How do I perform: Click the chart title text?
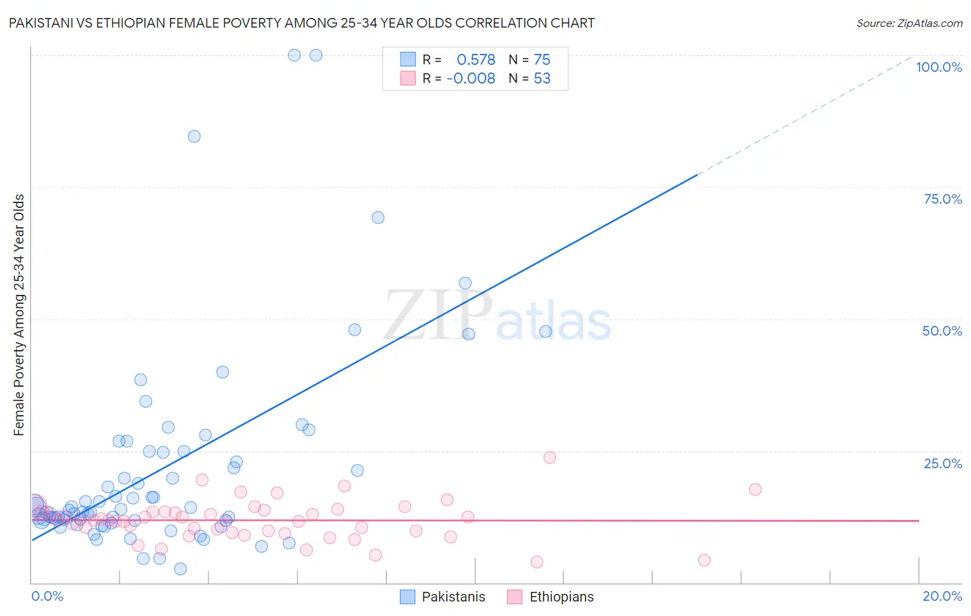click(301, 23)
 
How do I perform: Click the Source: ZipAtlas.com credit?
click(909, 23)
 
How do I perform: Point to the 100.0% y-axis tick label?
click(939, 67)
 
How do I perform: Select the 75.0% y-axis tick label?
click(942, 199)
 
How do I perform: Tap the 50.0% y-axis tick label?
click(942, 331)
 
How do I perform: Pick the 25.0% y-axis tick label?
click(942, 463)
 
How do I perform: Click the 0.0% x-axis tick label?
click(47, 596)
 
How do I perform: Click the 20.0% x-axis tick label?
click(942, 596)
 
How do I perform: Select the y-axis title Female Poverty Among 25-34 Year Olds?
click(19, 315)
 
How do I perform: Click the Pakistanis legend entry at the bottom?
click(443, 597)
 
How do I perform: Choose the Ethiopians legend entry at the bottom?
click(550, 597)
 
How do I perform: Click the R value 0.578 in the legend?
click(476, 59)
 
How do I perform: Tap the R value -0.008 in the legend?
click(471, 79)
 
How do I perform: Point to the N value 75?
click(541, 59)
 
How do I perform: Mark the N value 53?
click(541, 79)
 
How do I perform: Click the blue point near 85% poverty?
click(194, 137)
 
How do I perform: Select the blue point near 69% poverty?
click(378, 218)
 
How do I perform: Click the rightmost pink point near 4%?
click(704, 560)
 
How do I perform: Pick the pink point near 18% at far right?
click(755, 490)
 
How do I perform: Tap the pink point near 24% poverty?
click(550, 457)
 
